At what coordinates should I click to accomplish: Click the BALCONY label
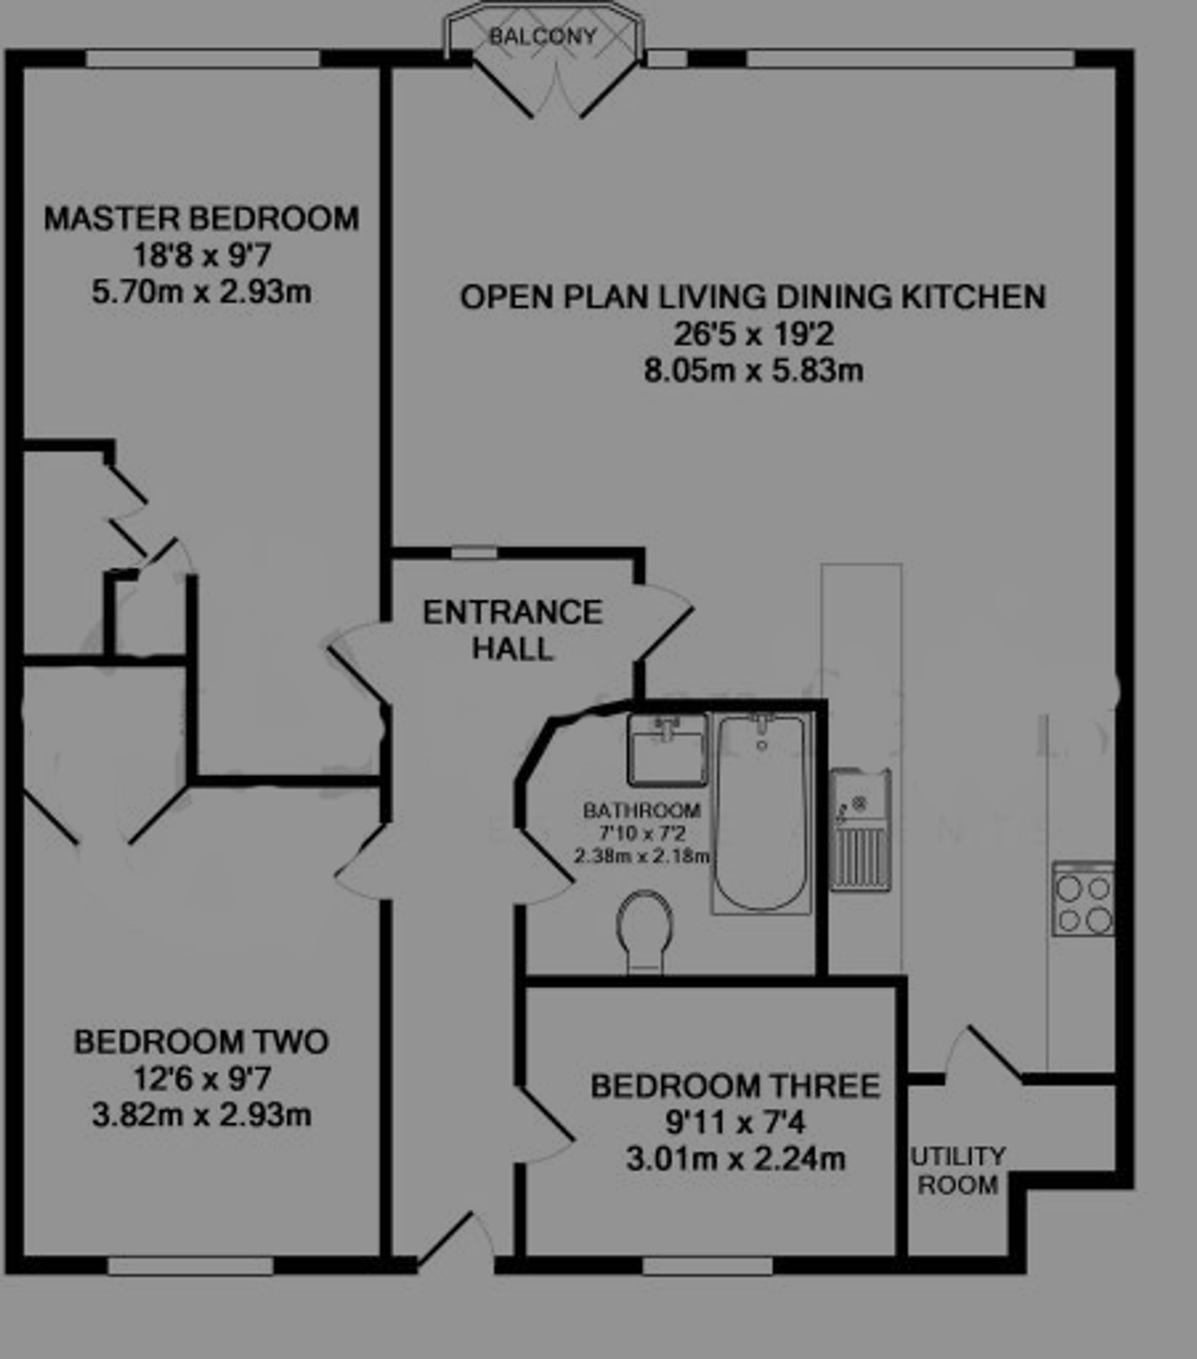coord(543,36)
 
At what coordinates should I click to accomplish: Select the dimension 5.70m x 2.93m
coord(202,292)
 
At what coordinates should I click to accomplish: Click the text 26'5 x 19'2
coord(754,335)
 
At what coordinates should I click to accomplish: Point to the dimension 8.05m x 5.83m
coord(754,370)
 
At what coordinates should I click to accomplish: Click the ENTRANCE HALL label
coord(513,630)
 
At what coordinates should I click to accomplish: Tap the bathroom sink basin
coord(667,749)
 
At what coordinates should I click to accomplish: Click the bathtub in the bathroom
coord(761,813)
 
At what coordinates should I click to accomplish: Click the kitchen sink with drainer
coord(860,829)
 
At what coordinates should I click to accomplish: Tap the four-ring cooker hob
coord(1083,899)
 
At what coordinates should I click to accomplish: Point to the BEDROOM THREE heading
coord(736,1086)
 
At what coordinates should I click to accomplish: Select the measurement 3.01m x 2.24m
coord(736,1160)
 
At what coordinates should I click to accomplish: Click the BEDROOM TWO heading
coord(202,1042)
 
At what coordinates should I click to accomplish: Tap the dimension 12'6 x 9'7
coord(202,1078)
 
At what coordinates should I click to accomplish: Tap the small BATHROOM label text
coord(642,810)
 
